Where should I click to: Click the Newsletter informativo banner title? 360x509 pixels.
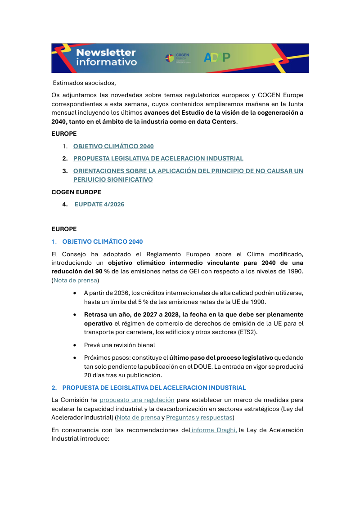tap(106, 58)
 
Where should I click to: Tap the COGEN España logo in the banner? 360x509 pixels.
tap(177, 58)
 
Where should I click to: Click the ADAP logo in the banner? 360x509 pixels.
tap(217, 58)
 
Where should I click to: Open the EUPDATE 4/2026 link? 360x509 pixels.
tap(99, 204)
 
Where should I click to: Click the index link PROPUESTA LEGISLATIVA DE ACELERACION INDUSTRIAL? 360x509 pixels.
tap(158, 158)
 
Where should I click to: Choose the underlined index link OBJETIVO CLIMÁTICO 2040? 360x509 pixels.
tap(113, 146)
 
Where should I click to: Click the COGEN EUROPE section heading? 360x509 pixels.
tap(76, 192)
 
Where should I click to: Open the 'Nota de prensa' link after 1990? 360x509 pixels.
tap(75, 280)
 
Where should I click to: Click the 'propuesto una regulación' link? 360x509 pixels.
tap(137, 400)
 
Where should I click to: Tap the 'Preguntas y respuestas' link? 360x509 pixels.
tap(199, 417)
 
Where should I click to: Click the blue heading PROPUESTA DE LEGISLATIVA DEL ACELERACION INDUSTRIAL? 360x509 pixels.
tap(154, 388)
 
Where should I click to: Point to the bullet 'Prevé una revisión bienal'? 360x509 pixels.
tap(119, 345)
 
